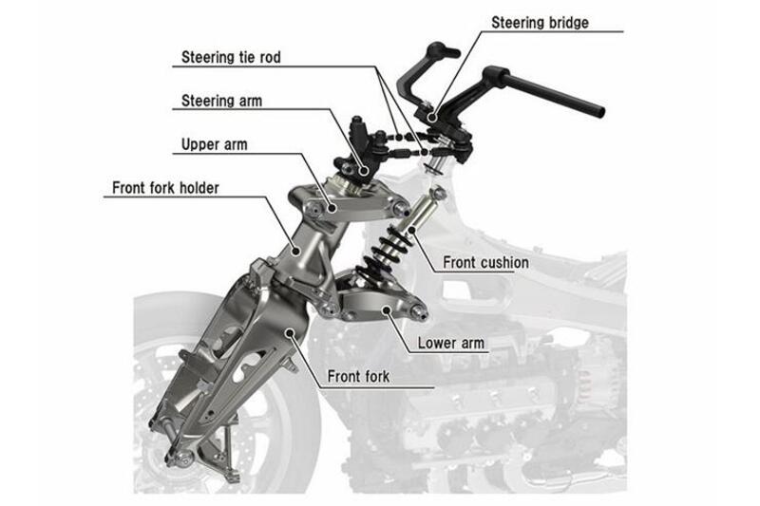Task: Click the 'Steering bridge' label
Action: tap(540, 22)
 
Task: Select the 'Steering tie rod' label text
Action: tap(231, 57)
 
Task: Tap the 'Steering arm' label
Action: tap(221, 100)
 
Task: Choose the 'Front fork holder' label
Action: tap(165, 188)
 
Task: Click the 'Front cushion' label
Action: tap(485, 262)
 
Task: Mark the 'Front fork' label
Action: tap(358, 376)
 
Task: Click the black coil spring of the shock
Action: tap(385, 250)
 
